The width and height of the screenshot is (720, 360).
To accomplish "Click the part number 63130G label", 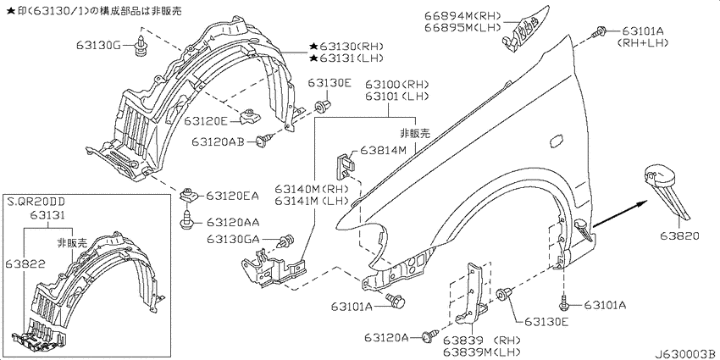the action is coord(99,45).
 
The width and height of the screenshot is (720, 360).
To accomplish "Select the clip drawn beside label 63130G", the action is coord(141,42).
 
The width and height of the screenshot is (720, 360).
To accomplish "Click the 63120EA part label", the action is coord(232,196).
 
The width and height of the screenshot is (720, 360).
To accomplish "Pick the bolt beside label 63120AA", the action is coord(186,221).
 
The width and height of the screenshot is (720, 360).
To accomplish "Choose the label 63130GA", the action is coord(233,239).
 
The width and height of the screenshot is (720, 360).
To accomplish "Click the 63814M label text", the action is coord(383,150).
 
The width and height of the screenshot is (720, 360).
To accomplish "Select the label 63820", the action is coord(679,236).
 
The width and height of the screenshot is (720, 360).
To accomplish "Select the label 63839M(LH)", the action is coord(482,352).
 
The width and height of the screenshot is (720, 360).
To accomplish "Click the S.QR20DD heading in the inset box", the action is coord(36,201).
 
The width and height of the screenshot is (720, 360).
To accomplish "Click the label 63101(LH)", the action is coord(397,96).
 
